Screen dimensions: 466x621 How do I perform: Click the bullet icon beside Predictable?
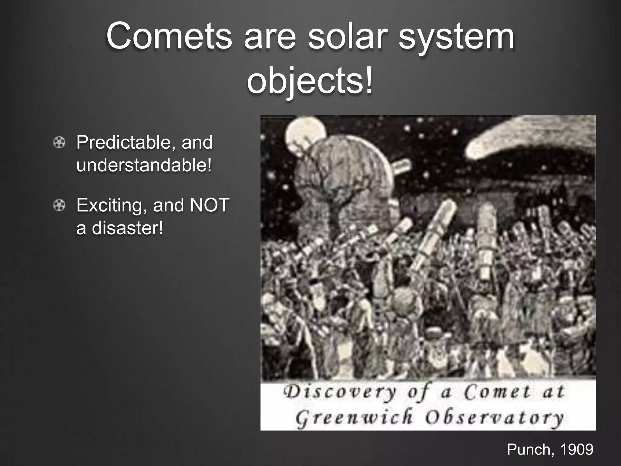coord(59,143)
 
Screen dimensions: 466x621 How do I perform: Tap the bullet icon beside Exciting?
coord(59,206)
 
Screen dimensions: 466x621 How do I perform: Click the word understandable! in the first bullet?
coord(144,165)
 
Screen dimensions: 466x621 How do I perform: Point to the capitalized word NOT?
coord(209,205)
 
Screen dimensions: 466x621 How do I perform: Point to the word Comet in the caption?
coord(497,392)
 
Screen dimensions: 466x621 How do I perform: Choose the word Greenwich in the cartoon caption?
coord(354,417)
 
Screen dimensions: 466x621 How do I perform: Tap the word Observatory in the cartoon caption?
coord(494,418)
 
